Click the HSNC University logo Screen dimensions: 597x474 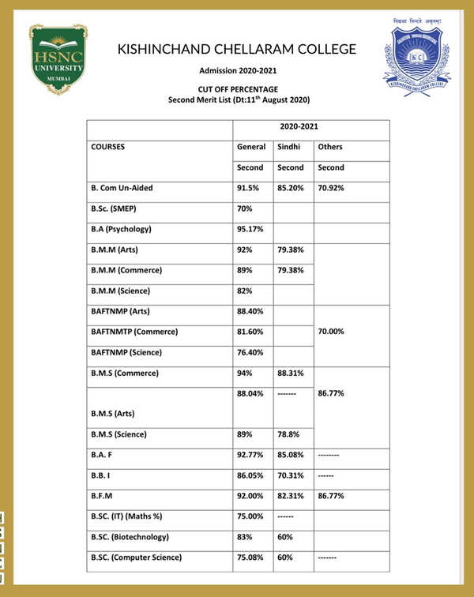[x=58, y=59]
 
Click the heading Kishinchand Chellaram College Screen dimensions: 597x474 [x=237, y=49]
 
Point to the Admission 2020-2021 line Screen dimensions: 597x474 [x=236, y=71]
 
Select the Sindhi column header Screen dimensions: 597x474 [x=288, y=147]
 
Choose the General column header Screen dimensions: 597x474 [x=251, y=147]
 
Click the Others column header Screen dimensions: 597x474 [x=329, y=147]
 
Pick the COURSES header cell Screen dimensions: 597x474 [x=108, y=147]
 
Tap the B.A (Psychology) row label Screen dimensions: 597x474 [x=121, y=229]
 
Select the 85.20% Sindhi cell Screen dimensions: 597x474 [x=291, y=188]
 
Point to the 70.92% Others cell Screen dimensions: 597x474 [x=332, y=188]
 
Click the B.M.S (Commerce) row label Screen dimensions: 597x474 [x=125, y=373]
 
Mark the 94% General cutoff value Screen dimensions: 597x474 [x=245, y=373]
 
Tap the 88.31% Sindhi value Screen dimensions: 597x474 [x=291, y=373]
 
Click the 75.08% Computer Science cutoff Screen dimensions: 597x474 [x=251, y=558]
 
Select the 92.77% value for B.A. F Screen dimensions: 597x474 [x=251, y=455]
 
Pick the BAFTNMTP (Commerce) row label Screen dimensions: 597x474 [x=134, y=332]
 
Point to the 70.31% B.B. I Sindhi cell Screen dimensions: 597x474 [x=291, y=475]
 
